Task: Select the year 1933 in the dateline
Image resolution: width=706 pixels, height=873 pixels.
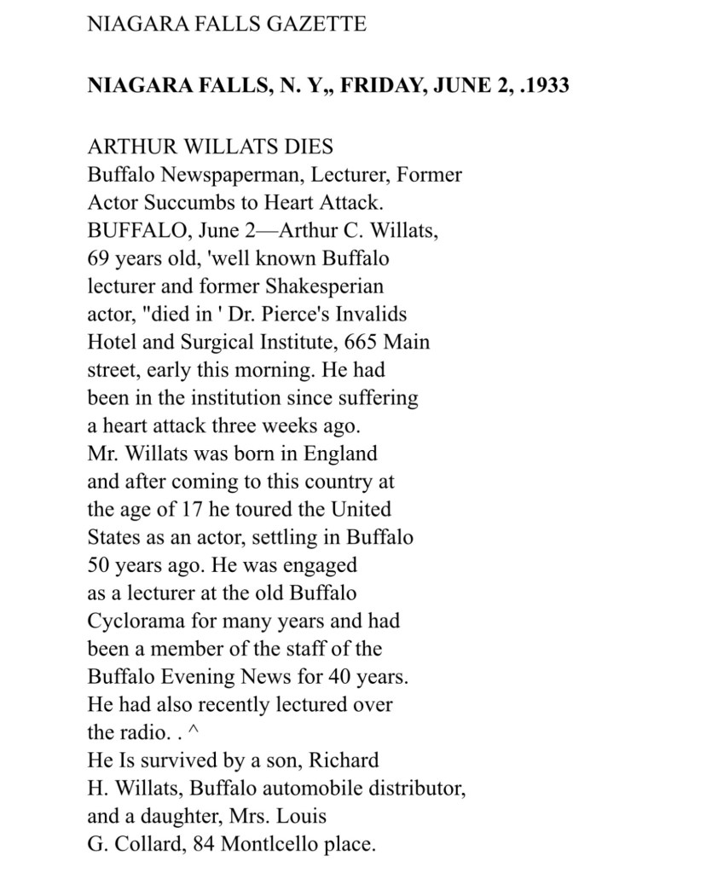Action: (548, 87)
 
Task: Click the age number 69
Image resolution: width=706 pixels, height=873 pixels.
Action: (100, 258)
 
